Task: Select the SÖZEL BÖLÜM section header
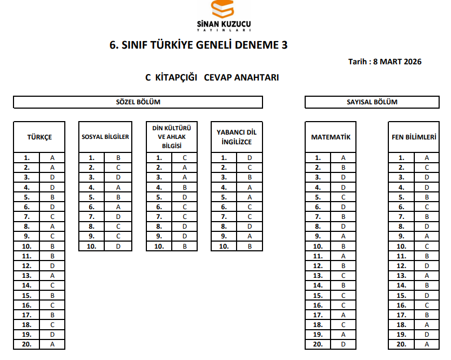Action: point(138,102)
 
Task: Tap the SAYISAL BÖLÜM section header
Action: point(372,102)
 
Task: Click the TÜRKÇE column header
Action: point(39,137)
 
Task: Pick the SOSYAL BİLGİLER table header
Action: point(105,137)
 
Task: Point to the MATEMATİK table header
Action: point(331,137)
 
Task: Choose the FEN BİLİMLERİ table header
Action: point(414,137)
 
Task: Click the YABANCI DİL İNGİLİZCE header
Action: point(237,137)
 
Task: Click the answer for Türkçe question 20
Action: point(52,344)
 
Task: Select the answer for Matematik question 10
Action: point(344,246)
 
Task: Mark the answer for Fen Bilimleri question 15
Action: point(427,296)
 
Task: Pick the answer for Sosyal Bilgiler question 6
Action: point(118,207)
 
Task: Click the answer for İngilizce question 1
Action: point(250,158)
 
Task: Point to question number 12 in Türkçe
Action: point(27,266)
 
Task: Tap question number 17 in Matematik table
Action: point(318,315)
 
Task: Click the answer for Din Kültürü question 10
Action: point(185,246)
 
